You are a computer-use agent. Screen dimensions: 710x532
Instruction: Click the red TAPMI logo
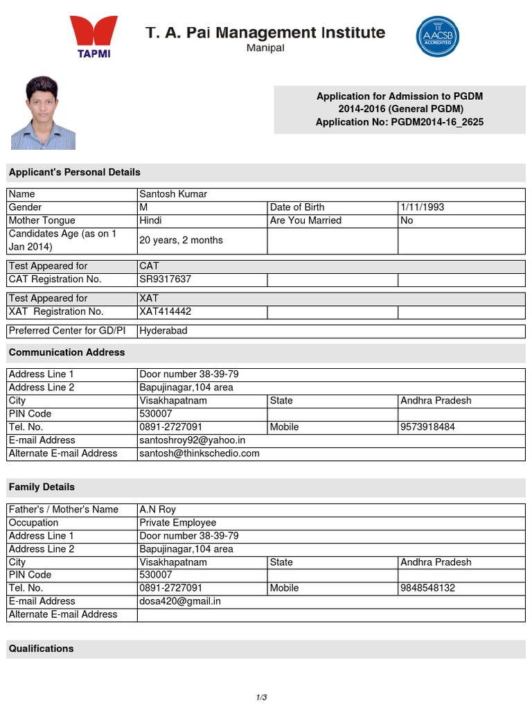(94, 37)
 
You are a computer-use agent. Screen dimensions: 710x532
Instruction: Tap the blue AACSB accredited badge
(437, 37)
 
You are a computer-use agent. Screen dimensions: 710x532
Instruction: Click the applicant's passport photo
(43, 113)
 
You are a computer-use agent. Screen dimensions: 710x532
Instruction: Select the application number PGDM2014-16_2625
(437, 122)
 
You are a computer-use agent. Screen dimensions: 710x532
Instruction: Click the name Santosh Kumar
(173, 194)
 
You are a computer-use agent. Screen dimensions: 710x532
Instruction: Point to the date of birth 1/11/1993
(422, 207)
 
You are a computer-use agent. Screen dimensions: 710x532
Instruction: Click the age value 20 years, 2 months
(181, 240)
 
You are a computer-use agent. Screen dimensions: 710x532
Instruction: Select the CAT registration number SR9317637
(165, 279)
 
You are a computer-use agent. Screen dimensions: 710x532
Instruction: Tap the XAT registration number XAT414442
(165, 311)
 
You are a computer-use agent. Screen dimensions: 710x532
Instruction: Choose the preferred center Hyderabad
(163, 331)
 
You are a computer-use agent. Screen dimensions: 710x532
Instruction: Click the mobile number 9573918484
(427, 427)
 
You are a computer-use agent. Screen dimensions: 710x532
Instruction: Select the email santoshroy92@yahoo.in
(192, 440)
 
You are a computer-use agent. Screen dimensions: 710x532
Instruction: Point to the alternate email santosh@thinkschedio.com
(199, 453)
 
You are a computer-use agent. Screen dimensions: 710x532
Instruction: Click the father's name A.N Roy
(158, 510)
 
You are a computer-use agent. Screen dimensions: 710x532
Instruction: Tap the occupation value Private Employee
(178, 523)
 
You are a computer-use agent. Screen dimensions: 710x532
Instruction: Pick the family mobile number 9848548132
(427, 588)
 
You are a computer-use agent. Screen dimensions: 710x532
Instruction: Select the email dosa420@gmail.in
(180, 601)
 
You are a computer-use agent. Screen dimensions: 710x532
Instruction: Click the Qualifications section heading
(41, 649)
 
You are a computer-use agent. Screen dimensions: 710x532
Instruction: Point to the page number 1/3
(261, 697)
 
